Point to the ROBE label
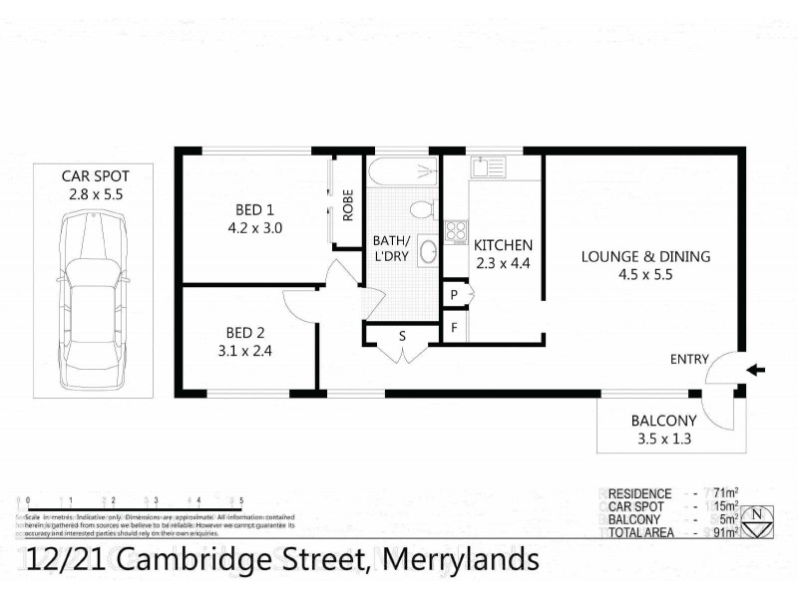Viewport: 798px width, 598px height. pyautogui.click(x=348, y=204)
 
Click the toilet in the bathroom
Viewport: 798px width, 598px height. pyautogui.click(x=422, y=208)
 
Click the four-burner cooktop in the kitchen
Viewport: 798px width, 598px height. pyautogui.click(x=456, y=231)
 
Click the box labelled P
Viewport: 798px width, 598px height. pyautogui.click(x=454, y=295)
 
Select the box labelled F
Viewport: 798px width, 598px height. pyautogui.click(x=454, y=327)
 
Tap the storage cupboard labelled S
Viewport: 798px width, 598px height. pyautogui.click(x=402, y=336)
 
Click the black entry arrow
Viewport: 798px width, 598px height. pyautogui.click(x=757, y=370)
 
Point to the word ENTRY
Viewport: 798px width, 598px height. pyautogui.click(x=690, y=360)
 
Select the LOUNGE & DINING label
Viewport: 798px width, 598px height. pyautogui.click(x=646, y=256)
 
